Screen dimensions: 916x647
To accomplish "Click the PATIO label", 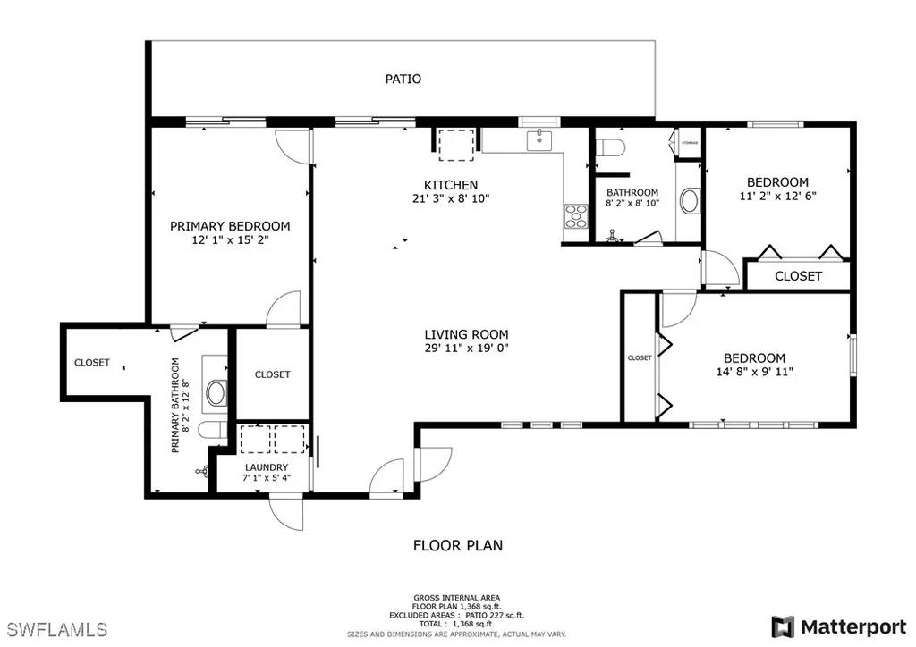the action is coord(403,79).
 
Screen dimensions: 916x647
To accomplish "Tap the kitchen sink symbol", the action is coord(539,140).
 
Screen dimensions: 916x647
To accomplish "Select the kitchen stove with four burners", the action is coord(575,215).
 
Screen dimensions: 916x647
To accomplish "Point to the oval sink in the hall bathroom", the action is coord(691,201).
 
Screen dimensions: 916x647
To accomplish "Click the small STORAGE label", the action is coord(690,143).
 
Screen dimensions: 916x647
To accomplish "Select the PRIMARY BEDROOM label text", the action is coord(230,226).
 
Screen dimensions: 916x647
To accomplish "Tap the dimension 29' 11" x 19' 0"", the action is coord(467,349).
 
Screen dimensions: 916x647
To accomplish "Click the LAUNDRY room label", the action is coord(267,467).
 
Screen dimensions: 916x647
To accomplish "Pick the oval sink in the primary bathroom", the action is coord(217,393).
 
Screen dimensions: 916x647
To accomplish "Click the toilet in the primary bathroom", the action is coord(211,431).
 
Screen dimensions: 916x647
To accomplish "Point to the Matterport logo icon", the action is coord(783,627).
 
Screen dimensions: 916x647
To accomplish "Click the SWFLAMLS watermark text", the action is coord(57,629).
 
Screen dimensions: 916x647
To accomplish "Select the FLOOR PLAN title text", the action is coord(458,545).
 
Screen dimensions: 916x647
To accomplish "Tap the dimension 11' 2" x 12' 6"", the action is coord(778,196).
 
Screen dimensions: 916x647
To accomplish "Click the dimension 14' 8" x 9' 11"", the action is coord(755,372).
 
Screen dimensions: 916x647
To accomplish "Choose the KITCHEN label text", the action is coord(451,185).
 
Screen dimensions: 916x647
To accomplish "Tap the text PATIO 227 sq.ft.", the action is coord(495,615).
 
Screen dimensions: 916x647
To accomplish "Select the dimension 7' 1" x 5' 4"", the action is coord(267,478).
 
